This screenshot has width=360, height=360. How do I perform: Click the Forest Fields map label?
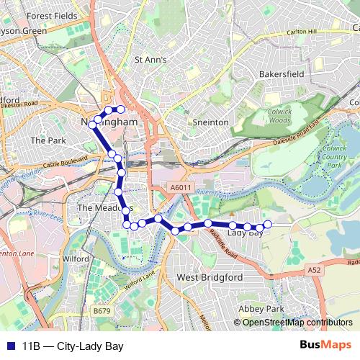click(51, 15)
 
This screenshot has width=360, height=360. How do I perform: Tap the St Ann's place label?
click(151, 60)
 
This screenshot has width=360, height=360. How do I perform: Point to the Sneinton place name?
click(210, 122)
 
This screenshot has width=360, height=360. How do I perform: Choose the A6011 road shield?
click(181, 188)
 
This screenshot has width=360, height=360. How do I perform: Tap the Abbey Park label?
click(262, 308)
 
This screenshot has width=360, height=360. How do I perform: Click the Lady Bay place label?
click(244, 233)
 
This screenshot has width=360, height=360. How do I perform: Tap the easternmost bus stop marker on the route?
click(268, 225)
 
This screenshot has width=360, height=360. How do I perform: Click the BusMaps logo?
click(325, 346)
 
